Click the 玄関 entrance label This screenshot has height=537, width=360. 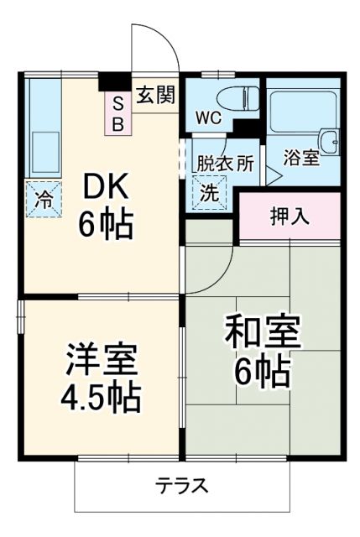[155, 94]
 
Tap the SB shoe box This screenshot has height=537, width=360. [118, 112]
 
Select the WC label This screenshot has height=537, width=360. [209, 117]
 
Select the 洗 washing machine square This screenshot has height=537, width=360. [209, 190]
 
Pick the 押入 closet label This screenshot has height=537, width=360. [290, 216]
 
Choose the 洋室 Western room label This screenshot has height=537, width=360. [102, 359]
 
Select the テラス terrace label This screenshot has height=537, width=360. [181, 486]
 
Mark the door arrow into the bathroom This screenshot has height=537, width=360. [273, 175]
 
